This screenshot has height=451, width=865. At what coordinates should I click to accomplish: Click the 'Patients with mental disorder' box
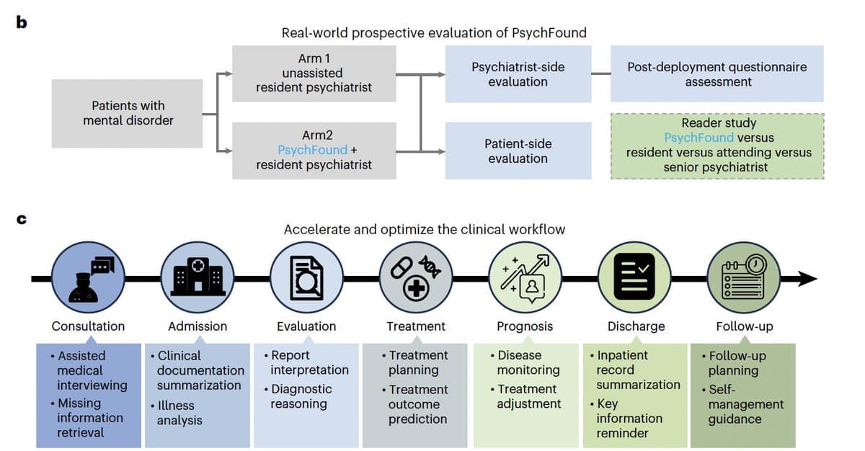tap(128, 113)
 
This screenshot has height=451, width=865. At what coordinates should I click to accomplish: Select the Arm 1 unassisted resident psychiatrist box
tap(314, 73)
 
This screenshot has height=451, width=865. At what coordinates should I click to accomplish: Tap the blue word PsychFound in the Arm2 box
tap(312, 150)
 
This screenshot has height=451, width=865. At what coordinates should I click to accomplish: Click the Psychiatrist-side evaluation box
tap(518, 74)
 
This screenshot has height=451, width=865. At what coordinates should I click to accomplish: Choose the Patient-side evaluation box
tap(518, 151)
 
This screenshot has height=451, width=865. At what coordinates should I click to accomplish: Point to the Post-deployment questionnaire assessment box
tap(717, 74)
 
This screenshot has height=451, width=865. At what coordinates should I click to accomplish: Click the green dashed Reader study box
tap(717, 146)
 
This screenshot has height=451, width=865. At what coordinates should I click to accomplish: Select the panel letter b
tap(22, 22)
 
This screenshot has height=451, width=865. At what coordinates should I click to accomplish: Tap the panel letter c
tap(22, 218)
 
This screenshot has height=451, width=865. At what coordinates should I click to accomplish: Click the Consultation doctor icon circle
tap(88, 277)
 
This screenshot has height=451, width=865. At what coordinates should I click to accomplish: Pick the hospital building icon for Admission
tap(197, 277)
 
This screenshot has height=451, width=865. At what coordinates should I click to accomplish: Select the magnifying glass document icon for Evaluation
tap(306, 277)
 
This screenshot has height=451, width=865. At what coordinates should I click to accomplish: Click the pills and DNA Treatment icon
tap(416, 277)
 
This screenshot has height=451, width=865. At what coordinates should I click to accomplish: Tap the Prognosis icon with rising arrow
tap(525, 277)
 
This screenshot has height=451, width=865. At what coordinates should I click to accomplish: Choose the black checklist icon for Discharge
tap(634, 277)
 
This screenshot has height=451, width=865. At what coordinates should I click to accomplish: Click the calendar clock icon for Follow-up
tap(743, 277)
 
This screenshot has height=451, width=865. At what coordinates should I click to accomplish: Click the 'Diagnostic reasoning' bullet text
tap(301, 396)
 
